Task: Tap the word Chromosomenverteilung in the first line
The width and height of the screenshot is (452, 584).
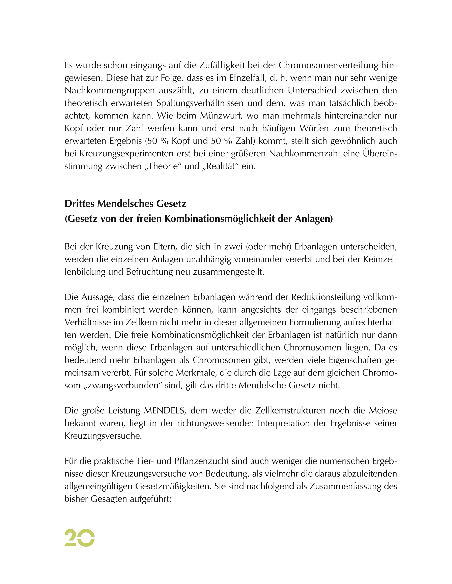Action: click(329, 65)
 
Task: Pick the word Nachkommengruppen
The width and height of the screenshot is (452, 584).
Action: click(109, 91)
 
